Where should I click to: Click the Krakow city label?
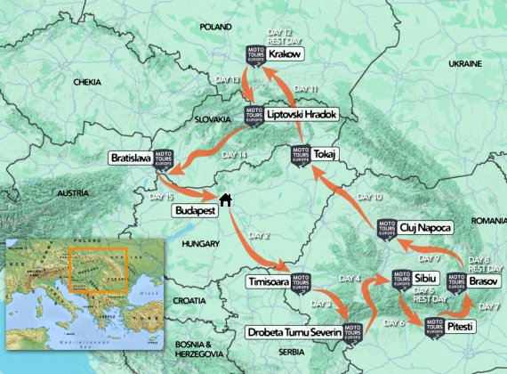point(287,54)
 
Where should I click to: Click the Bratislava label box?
point(131,158)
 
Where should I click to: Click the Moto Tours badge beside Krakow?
point(254,53)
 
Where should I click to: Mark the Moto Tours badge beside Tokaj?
point(300,154)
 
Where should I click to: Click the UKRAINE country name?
point(464,64)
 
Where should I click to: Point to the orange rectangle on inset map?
point(97,265)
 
